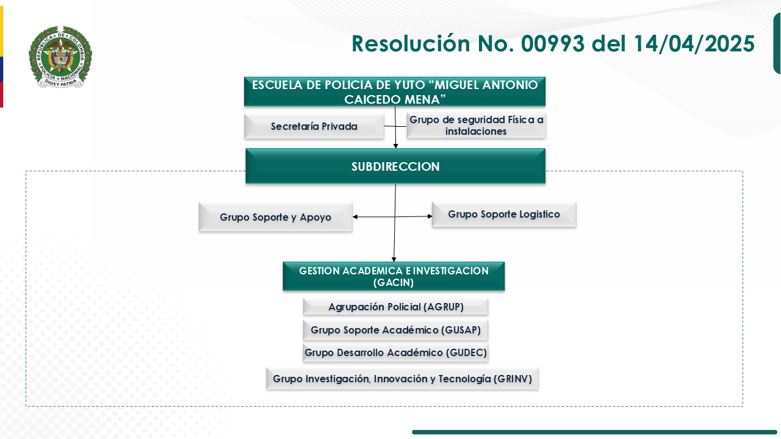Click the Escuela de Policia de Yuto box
(395, 91)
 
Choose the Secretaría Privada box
(314, 126)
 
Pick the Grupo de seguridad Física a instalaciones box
(476, 125)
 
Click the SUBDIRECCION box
(395, 166)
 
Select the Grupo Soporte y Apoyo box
(275, 217)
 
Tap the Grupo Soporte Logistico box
(503, 215)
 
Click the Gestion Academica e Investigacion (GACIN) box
(394, 276)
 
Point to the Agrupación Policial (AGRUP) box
(395, 307)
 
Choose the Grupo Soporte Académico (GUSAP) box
(395, 330)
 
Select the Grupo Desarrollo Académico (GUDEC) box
(395, 352)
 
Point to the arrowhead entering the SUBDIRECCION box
(395, 146)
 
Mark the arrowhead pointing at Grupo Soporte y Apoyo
(355, 217)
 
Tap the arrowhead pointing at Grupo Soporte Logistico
(430, 216)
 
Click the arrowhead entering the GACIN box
(394, 260)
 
